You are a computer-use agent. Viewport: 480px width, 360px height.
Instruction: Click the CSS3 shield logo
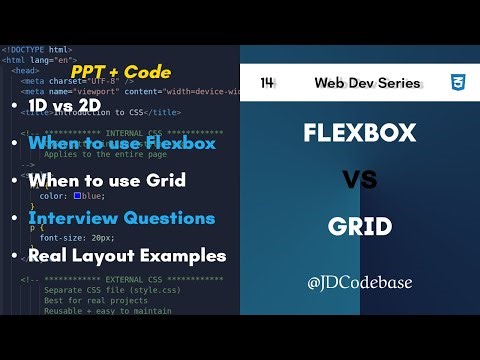pos(455,82)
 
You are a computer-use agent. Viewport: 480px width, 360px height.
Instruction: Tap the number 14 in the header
pos(267,83)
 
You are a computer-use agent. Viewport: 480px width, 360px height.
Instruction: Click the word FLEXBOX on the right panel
pos(360,132)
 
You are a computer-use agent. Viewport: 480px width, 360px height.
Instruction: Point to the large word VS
pos(359,180)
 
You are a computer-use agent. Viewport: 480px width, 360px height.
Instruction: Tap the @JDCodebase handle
pos(359,282)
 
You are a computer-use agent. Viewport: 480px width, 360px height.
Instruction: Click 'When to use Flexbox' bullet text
pos(122,144)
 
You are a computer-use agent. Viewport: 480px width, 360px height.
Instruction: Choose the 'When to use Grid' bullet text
pos(106,181)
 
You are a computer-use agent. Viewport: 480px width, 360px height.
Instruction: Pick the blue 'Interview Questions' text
pos(121,218)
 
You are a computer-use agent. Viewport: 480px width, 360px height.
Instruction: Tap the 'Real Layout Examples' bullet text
pos(127,255)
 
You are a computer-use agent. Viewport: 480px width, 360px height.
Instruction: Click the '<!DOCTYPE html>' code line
pos(37,49)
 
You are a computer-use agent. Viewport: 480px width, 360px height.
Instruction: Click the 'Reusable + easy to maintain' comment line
pos(108,311)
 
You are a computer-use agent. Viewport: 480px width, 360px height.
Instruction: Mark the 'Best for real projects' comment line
pos(95,300)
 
